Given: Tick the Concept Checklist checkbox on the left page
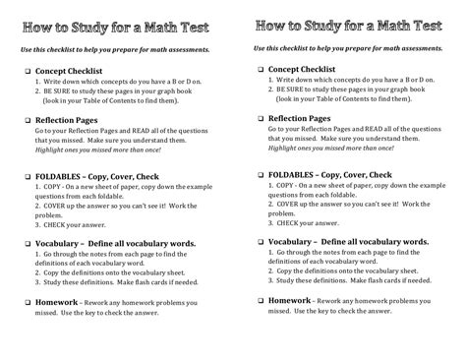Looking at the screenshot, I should [x=27, y=73].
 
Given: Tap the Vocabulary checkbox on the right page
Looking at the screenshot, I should [x=261, y=240].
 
